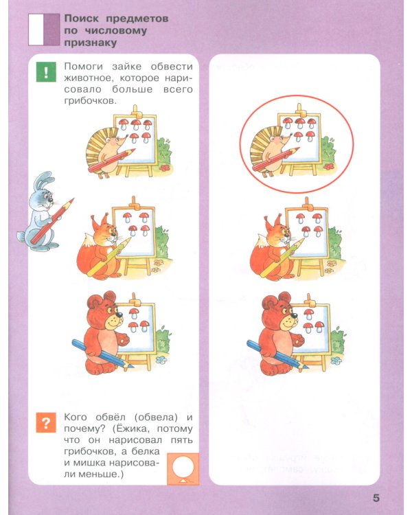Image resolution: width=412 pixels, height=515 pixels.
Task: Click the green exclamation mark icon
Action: pyautogui.click(x=45, y=72)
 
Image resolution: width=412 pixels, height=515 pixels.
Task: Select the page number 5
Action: pyautogui.click(x=376, y=498)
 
